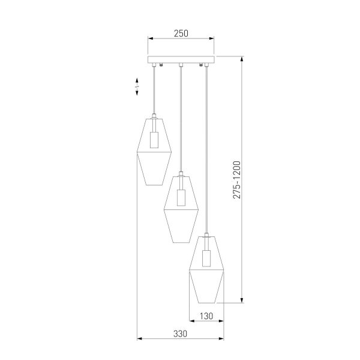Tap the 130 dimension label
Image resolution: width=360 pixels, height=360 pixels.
pyautogui.click(x=206, y=316)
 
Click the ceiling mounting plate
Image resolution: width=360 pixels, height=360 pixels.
pyautogui.click(x=181, y=60)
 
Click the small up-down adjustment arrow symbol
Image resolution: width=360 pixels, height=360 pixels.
pyautogui.click(x=137, y=88)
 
